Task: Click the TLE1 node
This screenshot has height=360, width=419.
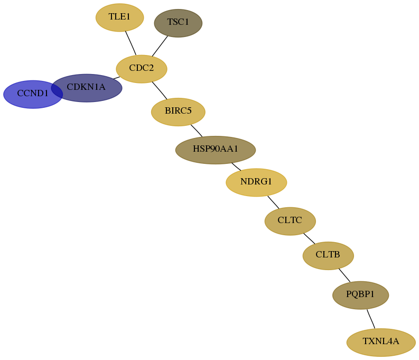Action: pos(120,17)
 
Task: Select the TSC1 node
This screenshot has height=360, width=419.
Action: pos(178,23)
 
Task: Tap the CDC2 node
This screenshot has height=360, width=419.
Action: pos(142,69)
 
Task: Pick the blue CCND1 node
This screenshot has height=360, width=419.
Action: pos(33,94)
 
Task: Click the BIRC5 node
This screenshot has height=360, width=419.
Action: pos(178,112)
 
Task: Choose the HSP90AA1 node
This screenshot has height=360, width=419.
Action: pos(216,150)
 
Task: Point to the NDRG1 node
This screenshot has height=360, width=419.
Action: pos(257,182)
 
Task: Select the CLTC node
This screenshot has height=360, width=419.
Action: pos(290,221)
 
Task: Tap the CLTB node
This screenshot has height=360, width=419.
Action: pos(328,256)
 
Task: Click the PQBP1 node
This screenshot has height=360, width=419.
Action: pos(361,296)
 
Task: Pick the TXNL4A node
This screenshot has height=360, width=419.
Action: pos(381,343)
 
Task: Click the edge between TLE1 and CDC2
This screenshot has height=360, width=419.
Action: pos(131,43)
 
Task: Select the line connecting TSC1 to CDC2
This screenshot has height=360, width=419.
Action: pos(160,46)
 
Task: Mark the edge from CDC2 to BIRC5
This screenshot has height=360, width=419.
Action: pos(160,90)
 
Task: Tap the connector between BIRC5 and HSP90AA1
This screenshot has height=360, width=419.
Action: pos(197,131)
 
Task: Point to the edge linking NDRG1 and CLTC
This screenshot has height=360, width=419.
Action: pos(273,202)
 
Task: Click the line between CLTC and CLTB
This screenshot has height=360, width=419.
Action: pos(309,238)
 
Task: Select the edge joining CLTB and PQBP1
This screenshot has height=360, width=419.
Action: pos(344,275)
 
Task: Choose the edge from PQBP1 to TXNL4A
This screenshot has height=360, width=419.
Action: pos(371,319)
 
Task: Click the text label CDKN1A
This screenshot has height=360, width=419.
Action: pos(86,87)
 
